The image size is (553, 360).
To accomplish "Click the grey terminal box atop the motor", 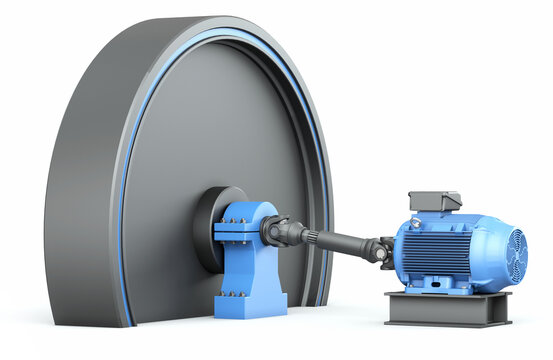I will point(435,201).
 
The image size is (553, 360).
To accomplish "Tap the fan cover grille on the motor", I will point(516,256).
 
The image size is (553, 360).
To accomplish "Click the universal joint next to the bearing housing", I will point(276,231).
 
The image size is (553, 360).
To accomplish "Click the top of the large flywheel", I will point(200,24).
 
